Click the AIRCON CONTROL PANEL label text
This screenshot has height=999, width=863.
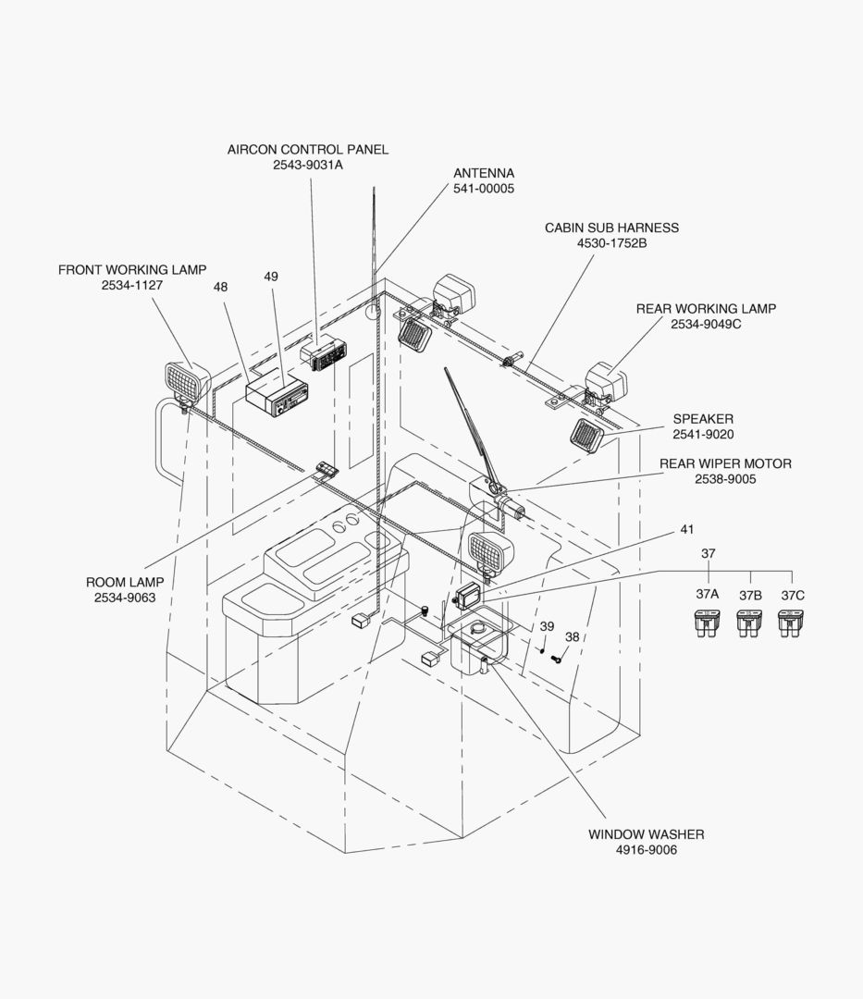[308, 149]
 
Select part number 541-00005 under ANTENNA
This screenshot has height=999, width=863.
[483, 189]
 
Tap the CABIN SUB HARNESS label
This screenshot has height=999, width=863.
[611, 228]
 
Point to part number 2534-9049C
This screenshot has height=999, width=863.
[706, 325]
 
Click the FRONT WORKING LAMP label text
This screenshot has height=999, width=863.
[132, 270]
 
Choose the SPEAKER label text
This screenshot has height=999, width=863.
[703, 419]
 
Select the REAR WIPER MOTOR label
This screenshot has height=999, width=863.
[725, 463]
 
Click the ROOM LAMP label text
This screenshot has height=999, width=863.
[125, 583]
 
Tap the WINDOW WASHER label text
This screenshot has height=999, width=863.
[646, 834]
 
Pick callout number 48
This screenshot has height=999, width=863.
[220, 288]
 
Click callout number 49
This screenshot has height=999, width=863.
[270, 277]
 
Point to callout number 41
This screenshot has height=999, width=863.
[686, 530]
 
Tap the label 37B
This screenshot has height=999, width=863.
[750, 596]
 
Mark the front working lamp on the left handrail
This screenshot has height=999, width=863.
[186, 380]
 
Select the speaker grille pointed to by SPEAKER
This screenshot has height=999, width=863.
[586, 435]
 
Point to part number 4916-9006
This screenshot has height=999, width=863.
[646, 850]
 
